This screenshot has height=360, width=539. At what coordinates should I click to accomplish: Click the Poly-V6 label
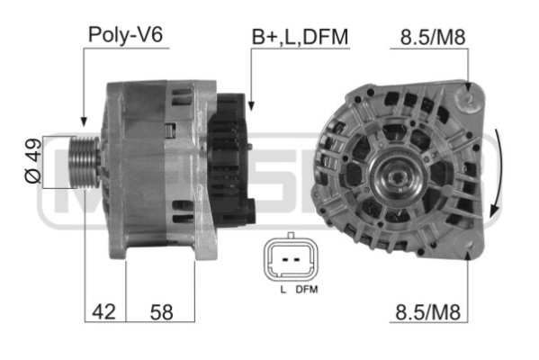coord(125,34)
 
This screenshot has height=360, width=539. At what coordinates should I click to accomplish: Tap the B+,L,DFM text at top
coord(300,37)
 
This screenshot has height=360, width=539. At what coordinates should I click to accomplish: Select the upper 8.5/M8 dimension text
coord(433,37)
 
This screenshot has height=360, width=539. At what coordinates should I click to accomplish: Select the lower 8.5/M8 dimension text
coord(427,312)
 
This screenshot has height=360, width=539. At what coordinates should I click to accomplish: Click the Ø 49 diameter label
coord(33,160)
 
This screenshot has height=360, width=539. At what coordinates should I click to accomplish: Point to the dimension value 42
coord(103,312)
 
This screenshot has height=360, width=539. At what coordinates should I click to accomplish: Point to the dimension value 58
coord(161,312)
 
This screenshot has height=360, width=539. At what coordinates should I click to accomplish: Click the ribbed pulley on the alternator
coord(85,162)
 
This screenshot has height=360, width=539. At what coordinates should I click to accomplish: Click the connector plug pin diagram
coord(291,257)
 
